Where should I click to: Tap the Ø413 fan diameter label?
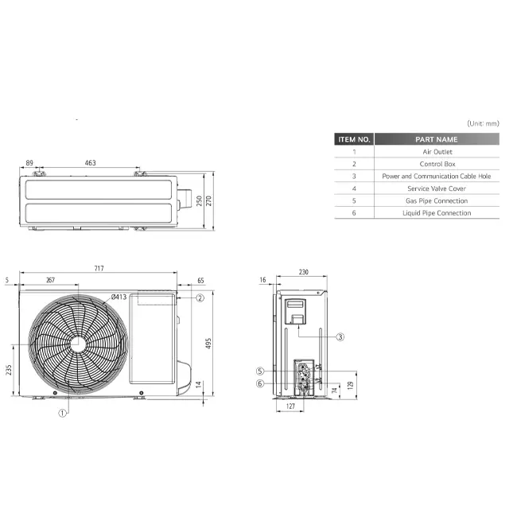coord(119,297)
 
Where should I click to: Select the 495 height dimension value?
coord(208,343)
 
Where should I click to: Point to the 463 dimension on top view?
coord(90,163)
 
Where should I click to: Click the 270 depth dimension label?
coord(209,201)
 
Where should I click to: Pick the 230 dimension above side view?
coord(303,272)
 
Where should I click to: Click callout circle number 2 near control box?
coord(200,297)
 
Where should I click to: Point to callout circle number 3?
coord(340,336)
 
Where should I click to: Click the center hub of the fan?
coord(78,343)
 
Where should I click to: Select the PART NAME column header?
coord(437,139)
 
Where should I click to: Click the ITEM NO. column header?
coord(354,139)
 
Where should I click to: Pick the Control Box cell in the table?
coord(437,164)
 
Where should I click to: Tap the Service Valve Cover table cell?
coord(437,189)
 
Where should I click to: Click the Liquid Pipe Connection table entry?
coord(437,213)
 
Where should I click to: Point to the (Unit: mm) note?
coord(483,123)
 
